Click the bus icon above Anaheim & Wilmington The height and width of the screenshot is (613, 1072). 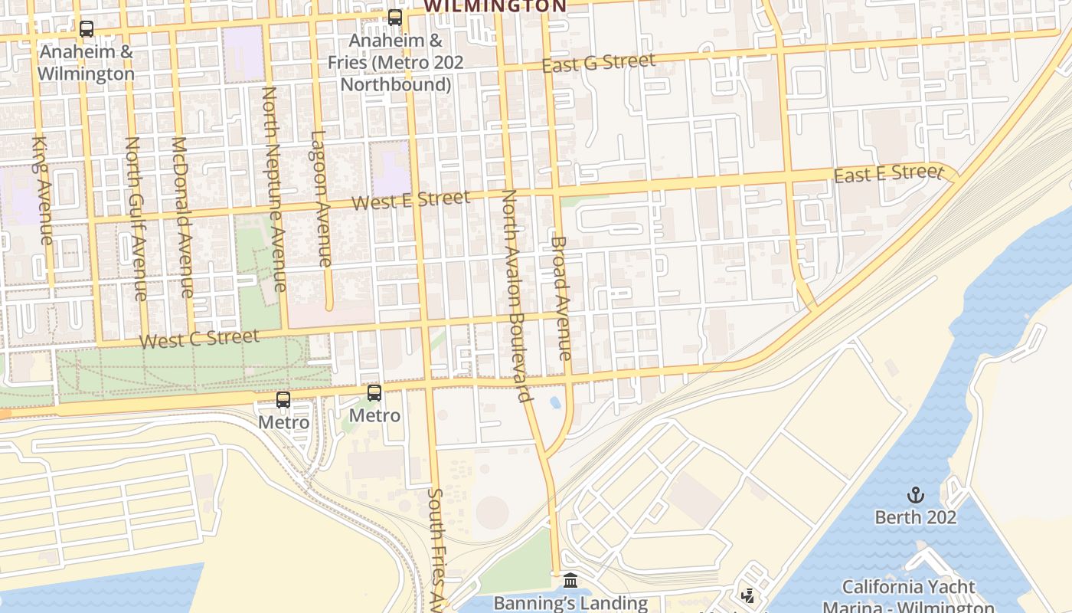(x=87, y=29)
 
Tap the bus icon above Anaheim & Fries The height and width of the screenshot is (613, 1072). (x=395, y=17)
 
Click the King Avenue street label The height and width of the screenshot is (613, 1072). (x=43, y=190)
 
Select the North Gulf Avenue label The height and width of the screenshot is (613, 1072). (x=136, y=218)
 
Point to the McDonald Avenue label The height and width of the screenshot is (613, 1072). (x=181, y=217)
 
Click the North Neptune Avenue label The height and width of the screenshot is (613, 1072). (x=273, y=188)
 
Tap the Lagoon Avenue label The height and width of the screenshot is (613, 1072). (x=322, y=198)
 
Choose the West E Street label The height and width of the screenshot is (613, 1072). (x=411, y=200)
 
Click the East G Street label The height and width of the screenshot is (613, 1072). (x=598, y=63)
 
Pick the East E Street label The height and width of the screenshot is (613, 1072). (x=887, y=174)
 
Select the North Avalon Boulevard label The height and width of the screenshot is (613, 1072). (x=515, y=295)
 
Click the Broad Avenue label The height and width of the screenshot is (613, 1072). (x=561, y=297)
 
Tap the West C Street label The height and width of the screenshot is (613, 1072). (x=200, y=338)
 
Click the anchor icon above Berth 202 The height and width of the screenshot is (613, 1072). (x=915, y=495)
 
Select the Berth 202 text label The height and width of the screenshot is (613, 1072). (x=915, y=517)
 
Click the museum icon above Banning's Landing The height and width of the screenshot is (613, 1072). (x=570, y=581)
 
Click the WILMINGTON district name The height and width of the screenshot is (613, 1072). (x=495, y=6)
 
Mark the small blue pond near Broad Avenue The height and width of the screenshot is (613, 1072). (x=555, y=402)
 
